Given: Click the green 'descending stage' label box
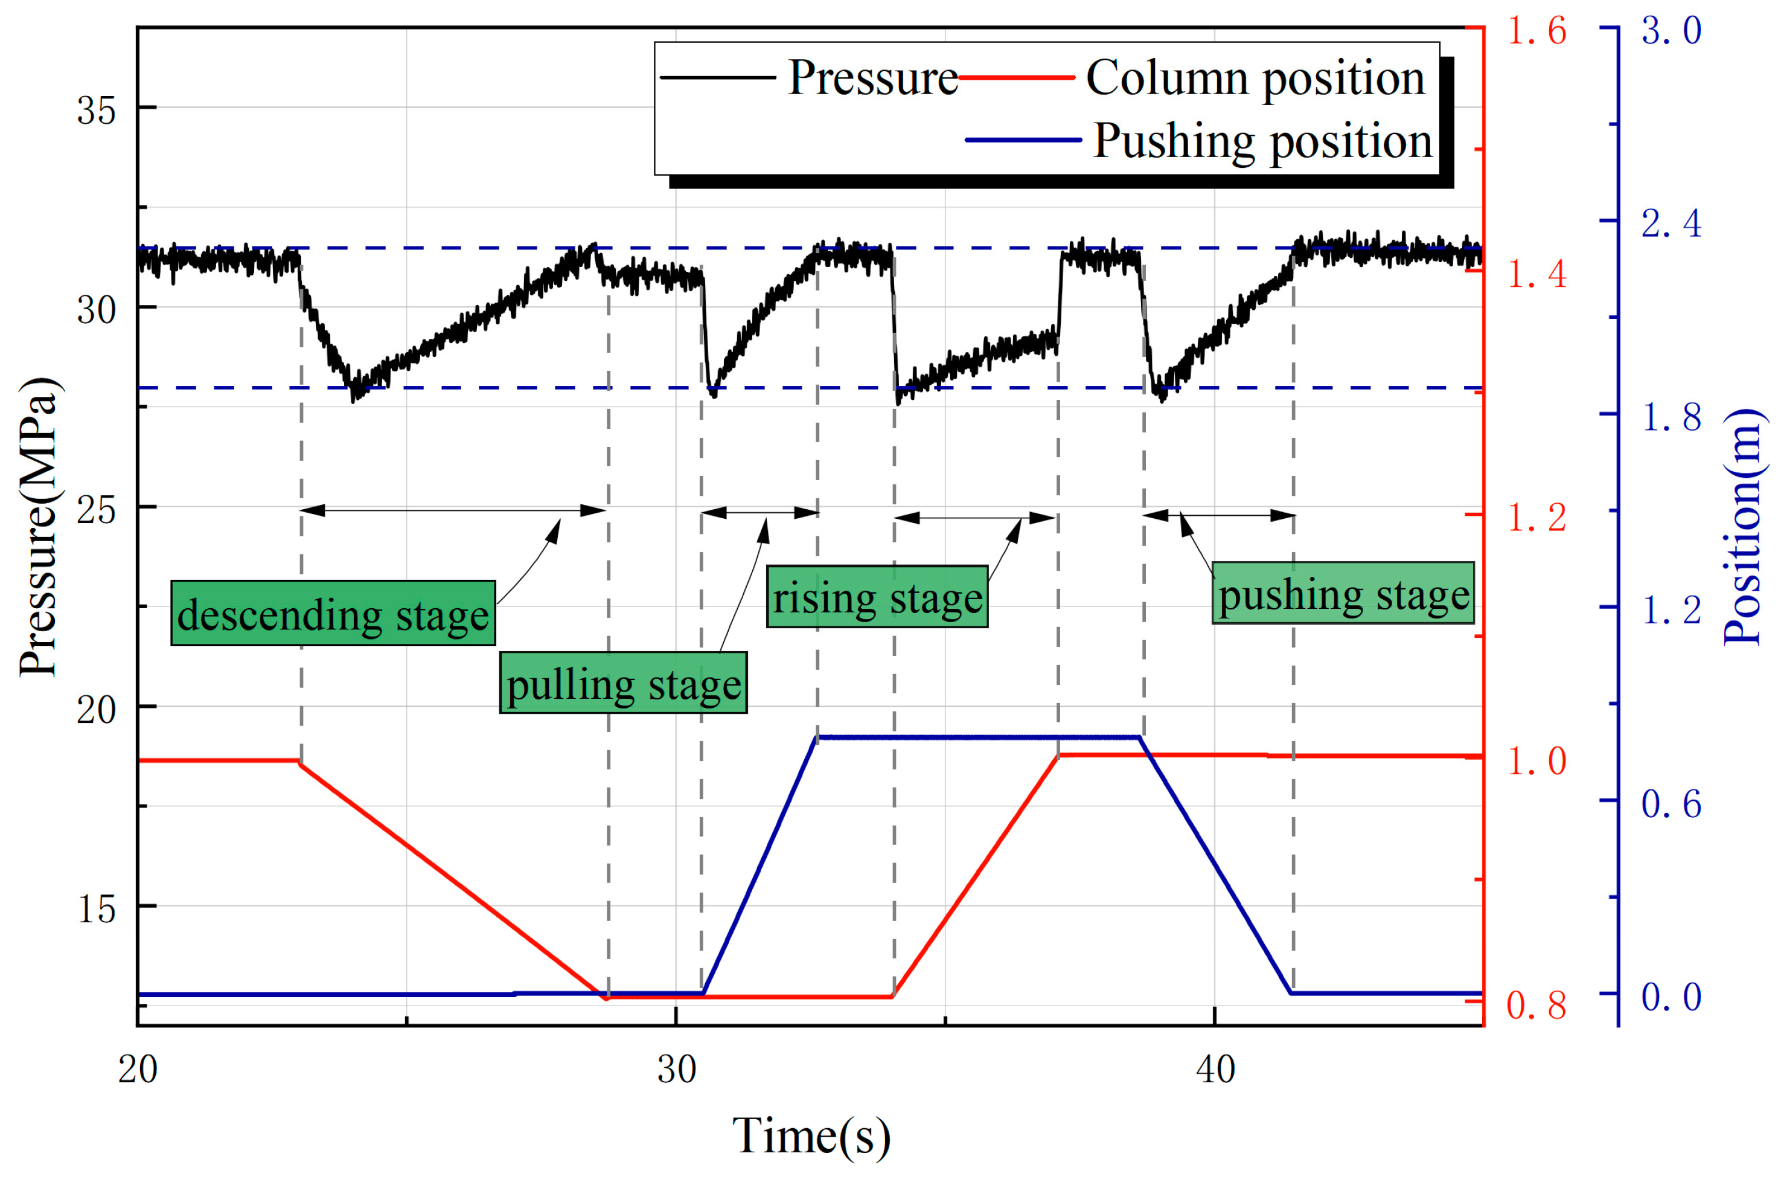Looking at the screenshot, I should (333, 613).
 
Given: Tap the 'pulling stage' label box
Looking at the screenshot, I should (623, 682).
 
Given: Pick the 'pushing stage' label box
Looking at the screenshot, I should (1343, 593).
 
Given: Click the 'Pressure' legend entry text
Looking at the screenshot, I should (872, 77).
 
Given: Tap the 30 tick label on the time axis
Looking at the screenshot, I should (676, 1070).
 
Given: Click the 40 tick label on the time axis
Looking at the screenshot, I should (1215, 1070).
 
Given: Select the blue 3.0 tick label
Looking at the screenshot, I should (1671, 30).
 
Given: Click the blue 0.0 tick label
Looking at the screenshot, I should (1671, 997).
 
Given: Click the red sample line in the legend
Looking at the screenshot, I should (1016, 77).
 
